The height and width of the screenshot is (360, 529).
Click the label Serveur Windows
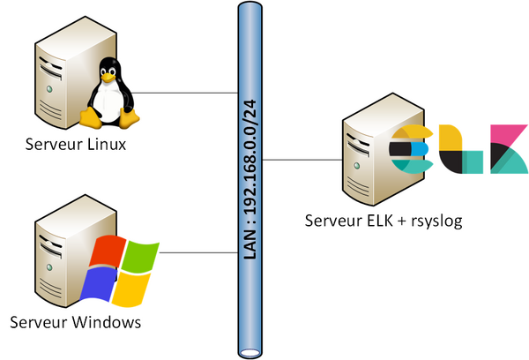(76, 322)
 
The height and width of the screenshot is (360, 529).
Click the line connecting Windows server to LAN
(198, 252)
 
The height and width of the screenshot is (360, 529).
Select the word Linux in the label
(107, 144)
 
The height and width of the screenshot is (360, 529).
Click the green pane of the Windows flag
(140, 255)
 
